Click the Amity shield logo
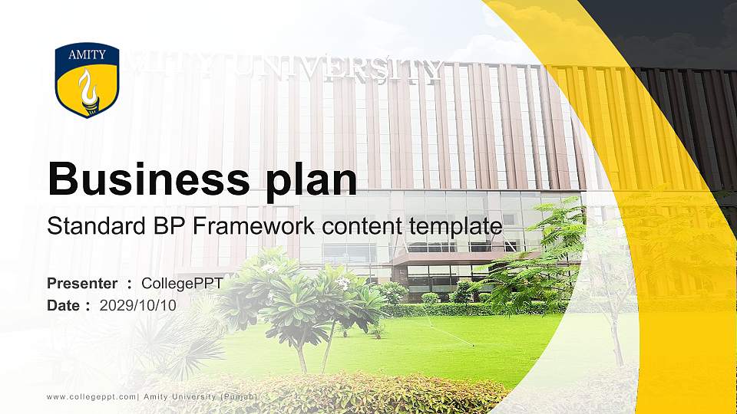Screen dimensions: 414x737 tap(87, 80)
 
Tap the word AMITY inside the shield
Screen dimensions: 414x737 tap(87, 54)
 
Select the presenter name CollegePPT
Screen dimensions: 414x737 tap(182, 284)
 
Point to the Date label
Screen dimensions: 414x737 tap(64, 305)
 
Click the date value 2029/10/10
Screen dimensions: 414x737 tap(138, 305)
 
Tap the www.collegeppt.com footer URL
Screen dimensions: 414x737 tap(91, 396)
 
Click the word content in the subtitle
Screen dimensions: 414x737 tap(359, 226)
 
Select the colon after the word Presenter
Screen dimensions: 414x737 tap(130, 284)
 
